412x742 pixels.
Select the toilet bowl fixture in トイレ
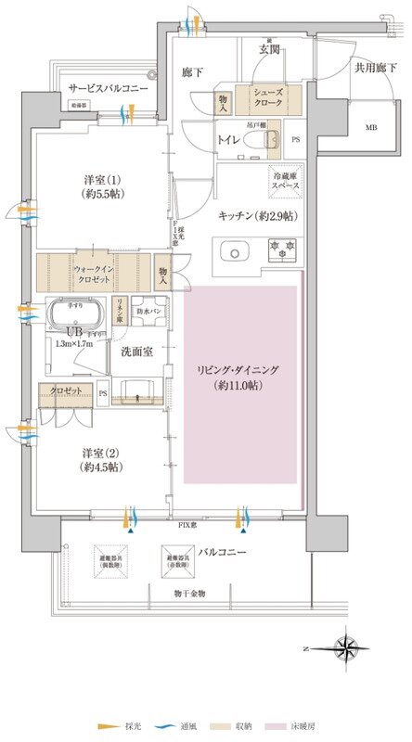[271, 140]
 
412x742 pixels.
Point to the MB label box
[345, 128]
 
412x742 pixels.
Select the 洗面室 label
[137, 352]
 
